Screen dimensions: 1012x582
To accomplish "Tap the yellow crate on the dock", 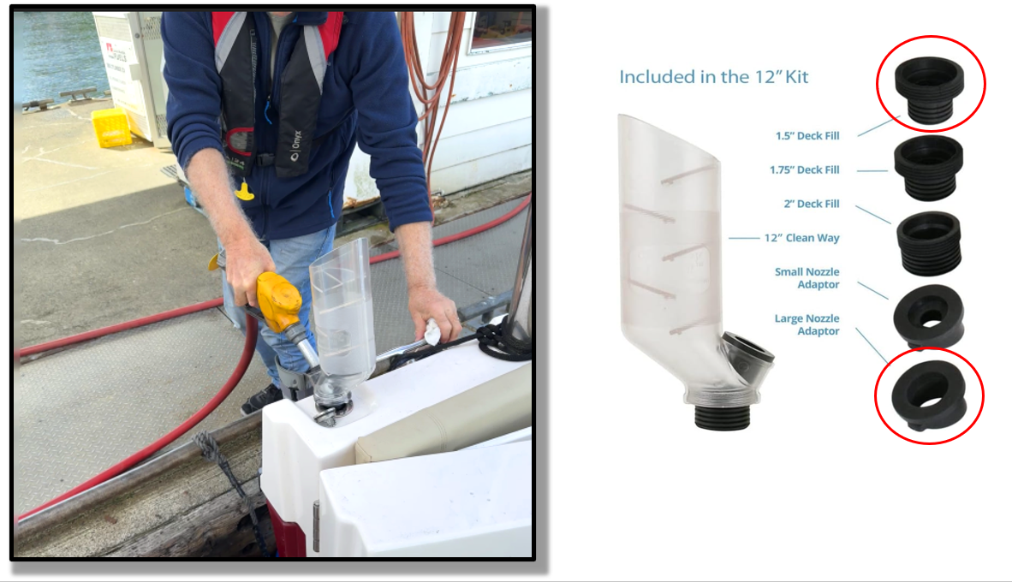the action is (111, 128).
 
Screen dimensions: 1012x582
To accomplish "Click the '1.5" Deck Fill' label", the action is (807, 136).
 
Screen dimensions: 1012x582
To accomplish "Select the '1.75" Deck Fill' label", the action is (804, 169).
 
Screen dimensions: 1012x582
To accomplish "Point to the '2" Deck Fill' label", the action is (812, 204).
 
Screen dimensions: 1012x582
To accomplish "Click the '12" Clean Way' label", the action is (801, 238).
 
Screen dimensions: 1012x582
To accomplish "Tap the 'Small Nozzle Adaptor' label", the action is (807, 278).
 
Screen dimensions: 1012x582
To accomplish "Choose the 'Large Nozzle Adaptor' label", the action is (807, 324).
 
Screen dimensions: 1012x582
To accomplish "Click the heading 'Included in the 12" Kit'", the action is (713, 77).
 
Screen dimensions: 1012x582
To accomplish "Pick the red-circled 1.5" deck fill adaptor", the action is (929, 89).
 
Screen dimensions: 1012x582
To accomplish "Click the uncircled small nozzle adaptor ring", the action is (929, 317).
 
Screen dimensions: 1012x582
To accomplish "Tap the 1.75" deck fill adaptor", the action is (928, 169).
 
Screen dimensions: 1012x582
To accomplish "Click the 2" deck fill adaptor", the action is (929, 243).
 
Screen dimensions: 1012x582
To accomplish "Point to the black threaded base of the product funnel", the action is (723, 417).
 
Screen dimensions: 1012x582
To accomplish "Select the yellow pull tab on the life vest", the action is (244, 191).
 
